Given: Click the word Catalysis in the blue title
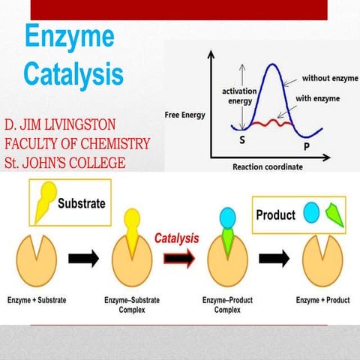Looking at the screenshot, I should [x=73, y=73].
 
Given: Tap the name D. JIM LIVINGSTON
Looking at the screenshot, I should [x=66, y=124].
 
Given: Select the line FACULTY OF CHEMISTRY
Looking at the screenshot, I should [x=76, y=143].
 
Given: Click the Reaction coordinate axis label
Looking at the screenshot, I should [x=268, y=166].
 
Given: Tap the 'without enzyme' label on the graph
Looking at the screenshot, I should [x=331, y=78].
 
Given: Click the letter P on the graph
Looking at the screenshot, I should [x=306, y=145].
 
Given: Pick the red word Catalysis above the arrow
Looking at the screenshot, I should [x=176, y=238].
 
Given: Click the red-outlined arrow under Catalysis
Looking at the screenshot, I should [x=178, y=259].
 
